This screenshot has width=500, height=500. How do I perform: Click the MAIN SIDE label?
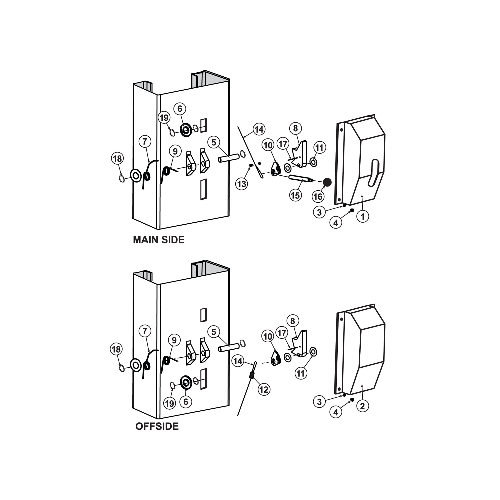[x=159, y=240]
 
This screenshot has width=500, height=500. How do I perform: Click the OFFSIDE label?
[x=157, y=426]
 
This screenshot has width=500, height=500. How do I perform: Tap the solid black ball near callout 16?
[x=327, y=182]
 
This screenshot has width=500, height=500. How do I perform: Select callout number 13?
[x=242, y=184]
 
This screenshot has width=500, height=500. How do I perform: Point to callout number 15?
[x=296, y=195]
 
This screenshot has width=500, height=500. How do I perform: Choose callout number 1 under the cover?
[x=363, y=216]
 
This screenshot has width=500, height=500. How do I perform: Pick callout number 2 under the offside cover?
[x=362, y=406]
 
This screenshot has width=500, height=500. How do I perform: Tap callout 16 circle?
[x=318, y=197]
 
